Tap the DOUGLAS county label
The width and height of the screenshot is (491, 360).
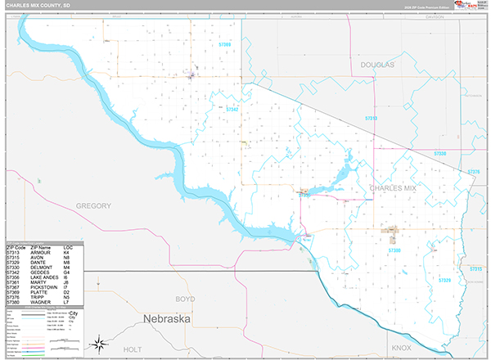coord(377,64)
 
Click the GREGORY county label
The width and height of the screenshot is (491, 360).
coord(92,205)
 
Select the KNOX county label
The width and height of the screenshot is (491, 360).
coord(402,348)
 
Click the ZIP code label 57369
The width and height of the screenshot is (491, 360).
coord(224,44)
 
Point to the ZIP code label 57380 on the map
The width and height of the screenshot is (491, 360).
coord(394,250)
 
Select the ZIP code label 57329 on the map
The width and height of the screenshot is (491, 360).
coord(444,280)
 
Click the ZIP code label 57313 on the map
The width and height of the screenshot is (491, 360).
coord(371,119)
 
